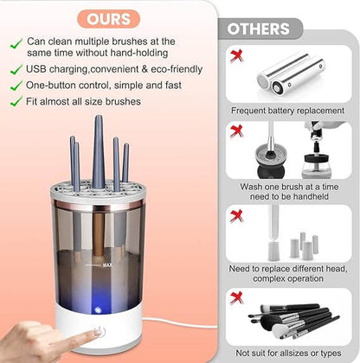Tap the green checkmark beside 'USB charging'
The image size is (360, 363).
click(15, 68)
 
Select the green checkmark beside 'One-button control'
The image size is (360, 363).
click(15, 85)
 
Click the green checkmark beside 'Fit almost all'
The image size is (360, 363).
click(15, 101)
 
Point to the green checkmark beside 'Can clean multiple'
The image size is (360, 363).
click(15, 41)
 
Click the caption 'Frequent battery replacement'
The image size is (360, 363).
click(286, 111)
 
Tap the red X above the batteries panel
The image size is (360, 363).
click(235, 54)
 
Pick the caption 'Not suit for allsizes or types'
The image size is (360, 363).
click(286, 353)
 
